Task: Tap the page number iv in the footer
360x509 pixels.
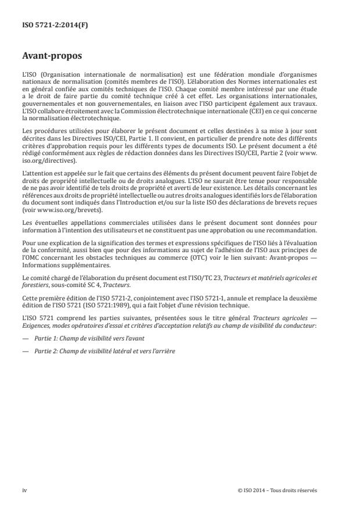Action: coord(24,490)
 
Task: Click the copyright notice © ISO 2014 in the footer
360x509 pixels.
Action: coord(277,490)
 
